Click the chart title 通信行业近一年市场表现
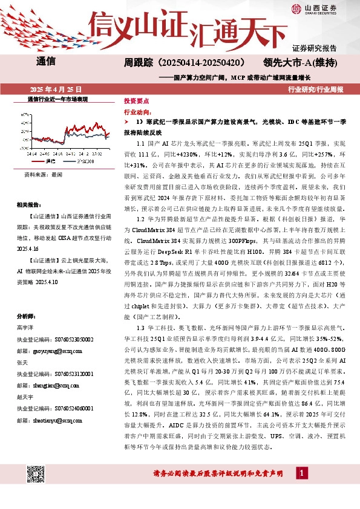58,98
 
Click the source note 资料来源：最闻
43,173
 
